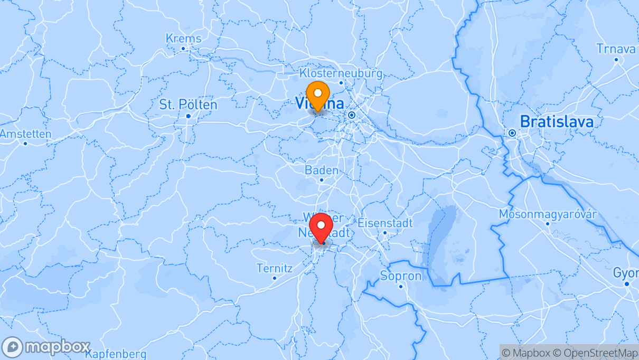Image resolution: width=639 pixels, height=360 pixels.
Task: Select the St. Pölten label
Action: coord(188,105)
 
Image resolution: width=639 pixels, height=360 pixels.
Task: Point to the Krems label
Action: coord(183,39)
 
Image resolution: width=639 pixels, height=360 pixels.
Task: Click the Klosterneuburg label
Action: coord(341,73)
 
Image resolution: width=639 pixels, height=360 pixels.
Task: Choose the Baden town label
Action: coord(322,170)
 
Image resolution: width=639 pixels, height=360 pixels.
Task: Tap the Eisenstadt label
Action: coord(385,223)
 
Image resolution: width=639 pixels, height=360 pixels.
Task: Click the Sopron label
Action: coord(401,276)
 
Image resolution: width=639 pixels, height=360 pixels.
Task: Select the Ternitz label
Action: coord(274,268)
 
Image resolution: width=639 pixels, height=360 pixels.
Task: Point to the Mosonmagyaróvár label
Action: coord(548,214)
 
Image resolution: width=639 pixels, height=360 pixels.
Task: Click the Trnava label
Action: coord(616,49)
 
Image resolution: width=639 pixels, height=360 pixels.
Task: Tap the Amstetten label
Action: coord(25,134)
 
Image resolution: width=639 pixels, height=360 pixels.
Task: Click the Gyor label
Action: coord(626,273)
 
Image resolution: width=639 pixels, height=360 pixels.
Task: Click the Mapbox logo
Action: coord(46,347)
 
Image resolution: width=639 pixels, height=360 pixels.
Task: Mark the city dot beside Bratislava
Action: coord(512,133)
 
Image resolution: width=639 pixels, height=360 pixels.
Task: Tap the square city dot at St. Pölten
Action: coord(189,116)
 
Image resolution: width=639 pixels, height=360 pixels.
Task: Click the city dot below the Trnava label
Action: coord(616,60)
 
